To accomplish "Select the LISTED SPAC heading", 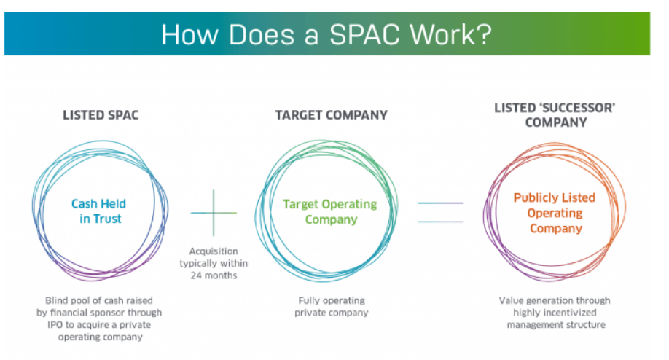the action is [101, 115].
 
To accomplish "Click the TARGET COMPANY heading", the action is [331, 115].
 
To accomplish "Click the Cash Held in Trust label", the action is [99, 211].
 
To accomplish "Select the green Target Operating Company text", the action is [330, 211].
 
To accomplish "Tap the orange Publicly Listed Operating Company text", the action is [555, 213].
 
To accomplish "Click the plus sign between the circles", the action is [214, 213].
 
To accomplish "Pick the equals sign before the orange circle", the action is [441, 212].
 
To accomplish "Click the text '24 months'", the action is [214, 275].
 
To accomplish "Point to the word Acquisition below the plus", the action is [214, 251].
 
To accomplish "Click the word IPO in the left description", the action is [55, 325].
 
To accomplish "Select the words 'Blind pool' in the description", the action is [67, 300].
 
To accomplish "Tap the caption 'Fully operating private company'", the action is [332, 307].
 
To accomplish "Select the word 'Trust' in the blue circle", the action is [106, 219].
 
